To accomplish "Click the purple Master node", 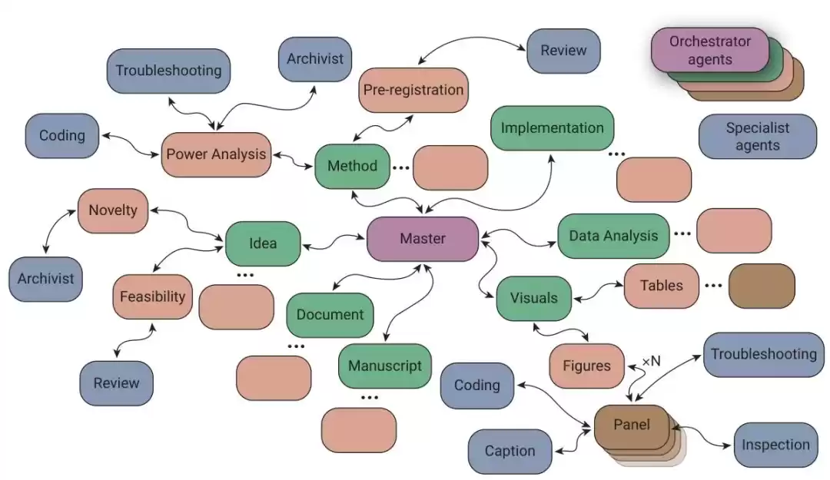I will tap(423, 238).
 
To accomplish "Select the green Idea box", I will tap(263, 243).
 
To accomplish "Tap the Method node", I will tap(352, 166).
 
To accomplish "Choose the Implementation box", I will tap(552, 128).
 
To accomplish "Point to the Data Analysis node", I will tap(613, 236).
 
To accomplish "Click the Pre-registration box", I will tap(413, 90).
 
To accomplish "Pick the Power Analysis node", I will tap(216, 154).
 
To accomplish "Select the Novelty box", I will tap(112, 210).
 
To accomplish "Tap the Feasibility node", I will tap(152, 296).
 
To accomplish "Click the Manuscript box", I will tap(385, 366).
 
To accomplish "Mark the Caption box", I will tap(510, 451).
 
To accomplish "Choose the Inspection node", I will tap(775, 445).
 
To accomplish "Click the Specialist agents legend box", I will tap(757, 137).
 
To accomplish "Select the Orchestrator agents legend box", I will tap(709, 50).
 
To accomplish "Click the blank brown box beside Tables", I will tap(761, 286).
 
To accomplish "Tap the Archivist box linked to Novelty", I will tap(45, 279).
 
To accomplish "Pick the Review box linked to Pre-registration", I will tap(563, 51).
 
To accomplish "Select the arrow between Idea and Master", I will tap(334, 243).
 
